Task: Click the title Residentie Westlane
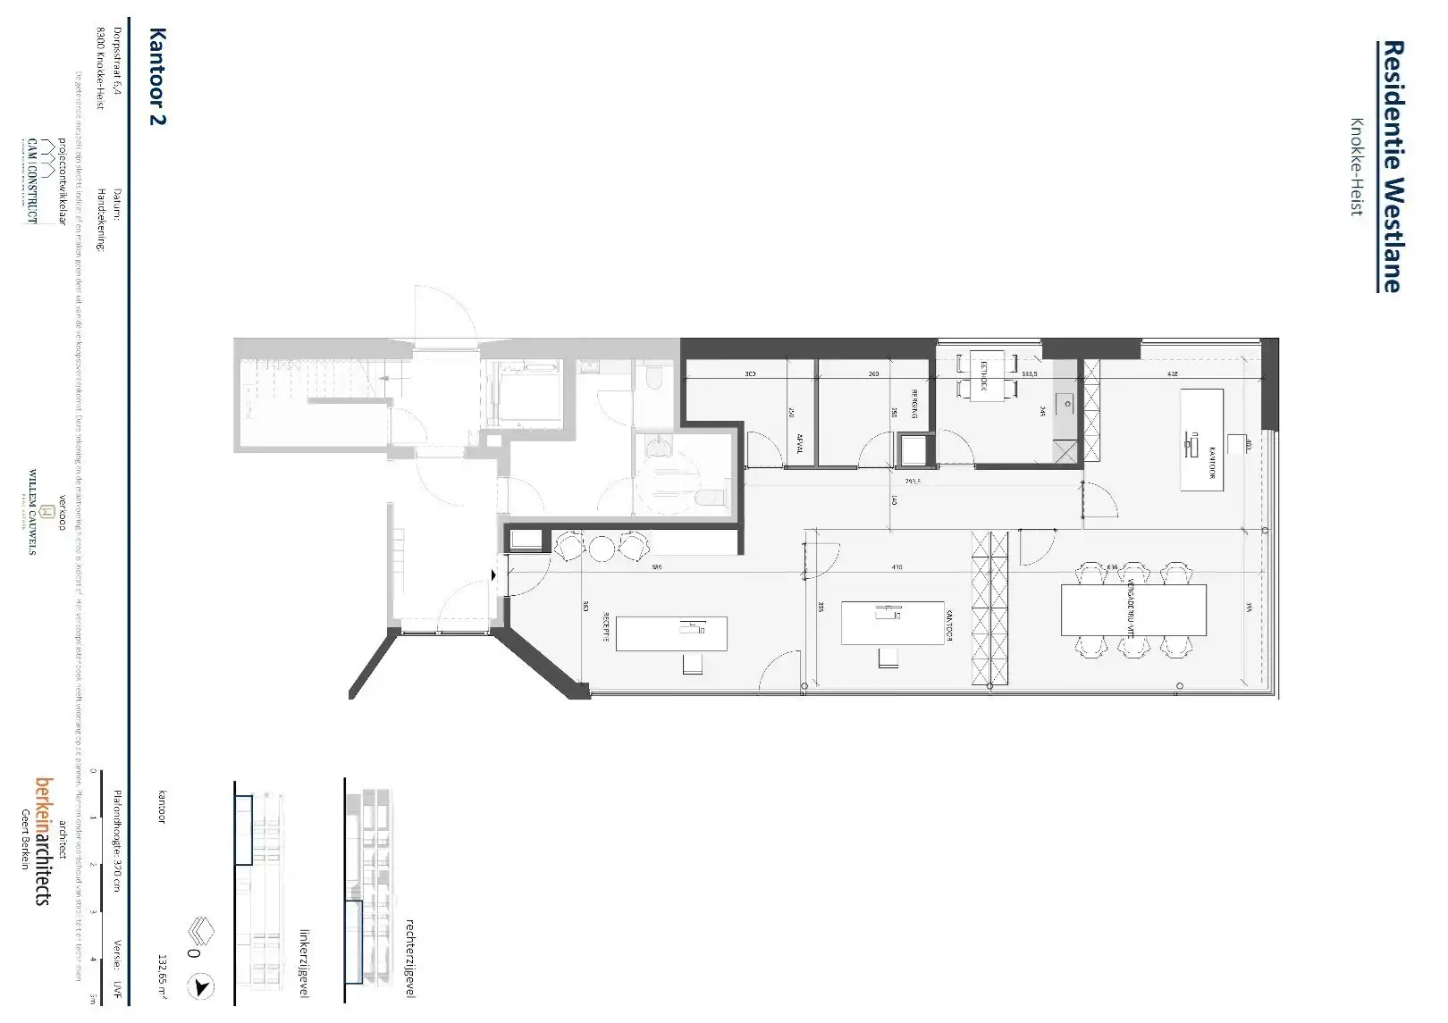coord(1391,166)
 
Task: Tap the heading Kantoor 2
coord(158,77)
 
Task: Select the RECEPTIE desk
coord(671,633)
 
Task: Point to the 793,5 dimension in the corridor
coord(913,481)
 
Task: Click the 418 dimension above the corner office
coord(1173,374)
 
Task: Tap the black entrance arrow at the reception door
coord(494,576)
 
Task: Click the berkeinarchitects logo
coord(42,839)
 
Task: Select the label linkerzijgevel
coord(304,961)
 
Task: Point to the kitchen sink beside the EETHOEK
coord(1066,403)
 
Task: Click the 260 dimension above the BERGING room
coord(873,374)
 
